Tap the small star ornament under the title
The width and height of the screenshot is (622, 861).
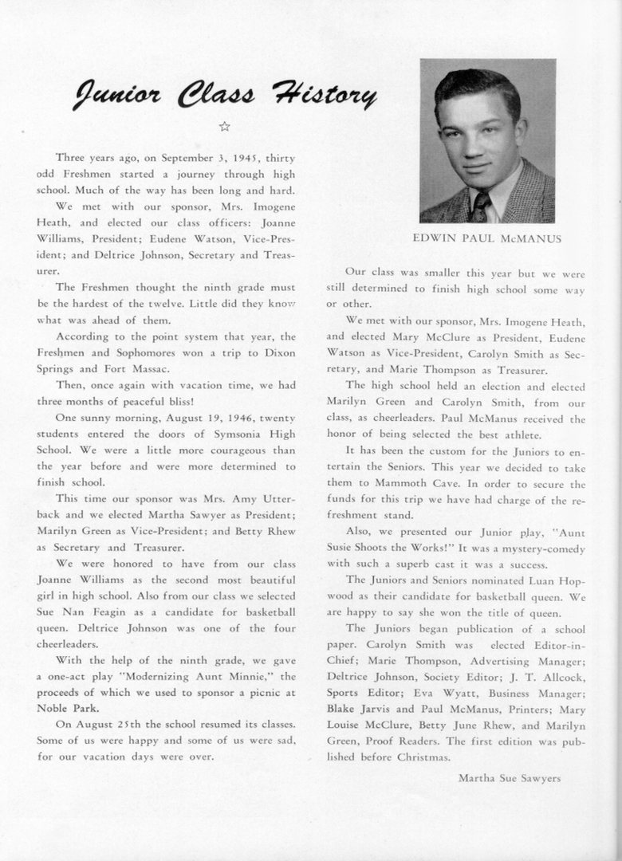pyautogui.click(x=224, y=126)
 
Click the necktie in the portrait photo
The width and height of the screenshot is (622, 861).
pyautogui.click(x=480, y=206)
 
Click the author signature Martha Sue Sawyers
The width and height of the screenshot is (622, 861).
pyautogui.click(x=510, y=777)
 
